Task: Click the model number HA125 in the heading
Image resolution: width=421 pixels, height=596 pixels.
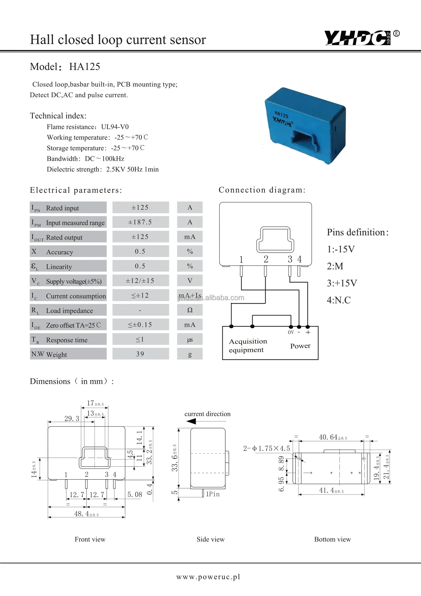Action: tap(85, 67)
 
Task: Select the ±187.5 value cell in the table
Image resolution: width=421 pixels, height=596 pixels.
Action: tap(140, 222)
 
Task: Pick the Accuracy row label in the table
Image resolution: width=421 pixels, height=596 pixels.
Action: tap(60, 252)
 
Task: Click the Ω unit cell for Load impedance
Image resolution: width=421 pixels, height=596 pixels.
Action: tap(190, 310)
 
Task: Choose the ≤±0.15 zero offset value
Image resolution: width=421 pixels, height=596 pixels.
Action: tap(140, 325)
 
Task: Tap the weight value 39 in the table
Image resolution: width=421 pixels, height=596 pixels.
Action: tap(140, 354)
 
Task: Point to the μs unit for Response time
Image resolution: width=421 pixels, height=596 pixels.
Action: tap(190, 340)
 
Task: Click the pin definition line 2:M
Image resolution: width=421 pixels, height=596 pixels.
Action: tap(335, 266)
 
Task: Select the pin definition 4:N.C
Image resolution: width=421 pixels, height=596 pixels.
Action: tap(339, 300)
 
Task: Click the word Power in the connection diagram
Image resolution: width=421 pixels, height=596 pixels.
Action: tap(300, 346)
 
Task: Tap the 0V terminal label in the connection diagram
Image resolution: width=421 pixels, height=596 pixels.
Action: tap(291, 332)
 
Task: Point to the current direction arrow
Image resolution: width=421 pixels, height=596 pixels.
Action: tap(191, 421)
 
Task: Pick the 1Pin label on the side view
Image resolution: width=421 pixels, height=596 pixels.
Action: tap(213, 494)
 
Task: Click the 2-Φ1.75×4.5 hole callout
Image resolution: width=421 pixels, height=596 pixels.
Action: tap(266, 448)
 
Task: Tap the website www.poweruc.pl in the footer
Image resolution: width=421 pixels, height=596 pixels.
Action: tap(208, 577)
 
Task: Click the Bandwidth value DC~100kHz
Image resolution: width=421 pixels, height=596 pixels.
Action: tap(105, 159)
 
